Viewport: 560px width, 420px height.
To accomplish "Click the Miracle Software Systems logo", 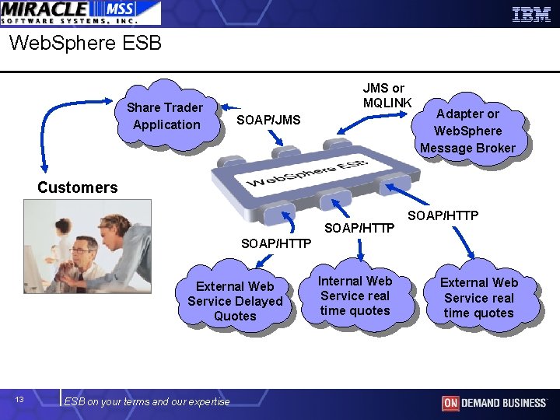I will click(80, 12).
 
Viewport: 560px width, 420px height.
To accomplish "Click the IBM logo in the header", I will click(531, 14).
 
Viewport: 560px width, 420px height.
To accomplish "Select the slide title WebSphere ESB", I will click(86, 43).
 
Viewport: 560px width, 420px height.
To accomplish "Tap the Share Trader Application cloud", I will click(166, 116).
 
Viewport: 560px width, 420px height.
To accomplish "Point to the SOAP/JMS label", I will click(268, 119).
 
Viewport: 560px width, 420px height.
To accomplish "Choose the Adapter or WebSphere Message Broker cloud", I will click(467, 131).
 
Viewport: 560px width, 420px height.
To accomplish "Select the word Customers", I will click(78, 187).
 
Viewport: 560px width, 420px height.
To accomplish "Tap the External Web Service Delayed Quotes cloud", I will click(235, 301).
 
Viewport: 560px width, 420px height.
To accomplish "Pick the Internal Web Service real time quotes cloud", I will click(355, 296).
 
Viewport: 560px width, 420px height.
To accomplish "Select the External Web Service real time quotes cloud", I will click(478, 298).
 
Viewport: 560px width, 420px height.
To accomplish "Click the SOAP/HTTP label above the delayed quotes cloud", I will click(276, 243).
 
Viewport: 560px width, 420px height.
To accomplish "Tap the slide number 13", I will click(20, 400).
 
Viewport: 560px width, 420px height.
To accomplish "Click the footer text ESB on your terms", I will click(147, 401).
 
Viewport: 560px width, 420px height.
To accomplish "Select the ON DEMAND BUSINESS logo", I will click(494, 403).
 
